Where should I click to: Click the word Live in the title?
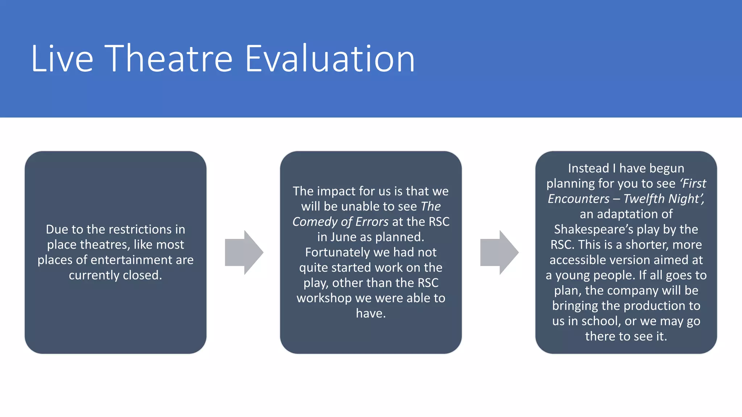coord(62,59)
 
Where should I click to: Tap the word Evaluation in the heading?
coord(330,59)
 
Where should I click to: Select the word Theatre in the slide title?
coord(169,59)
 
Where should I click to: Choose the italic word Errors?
coord(372,222)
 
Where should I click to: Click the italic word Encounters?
coord(579,199)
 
